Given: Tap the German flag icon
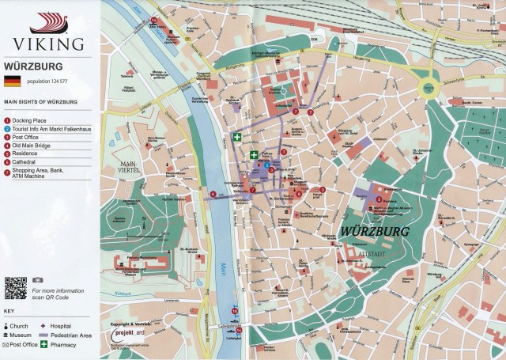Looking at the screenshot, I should [x=13, y=81].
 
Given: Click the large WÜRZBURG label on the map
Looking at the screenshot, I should [x=376, y=232].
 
